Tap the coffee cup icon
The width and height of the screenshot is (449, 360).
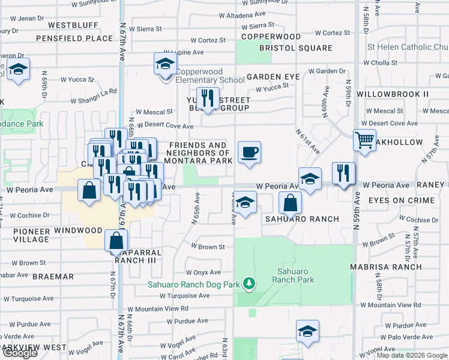point(249,152)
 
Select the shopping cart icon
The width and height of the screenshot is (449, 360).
point(364,140)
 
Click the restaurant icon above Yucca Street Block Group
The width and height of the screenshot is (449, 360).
point(208,98)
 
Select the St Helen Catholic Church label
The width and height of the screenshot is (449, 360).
point(407,47)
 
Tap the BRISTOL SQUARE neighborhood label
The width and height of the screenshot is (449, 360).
point(296,47)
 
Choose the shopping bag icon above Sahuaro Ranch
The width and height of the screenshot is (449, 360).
point(290,203)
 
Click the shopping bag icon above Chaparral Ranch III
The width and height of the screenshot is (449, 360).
point(116,241)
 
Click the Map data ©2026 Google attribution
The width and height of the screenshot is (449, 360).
point(411,355)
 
